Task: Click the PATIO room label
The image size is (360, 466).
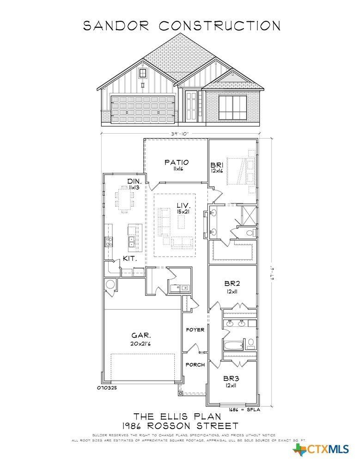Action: point(177,162)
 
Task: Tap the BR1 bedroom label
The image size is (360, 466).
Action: point(217,165)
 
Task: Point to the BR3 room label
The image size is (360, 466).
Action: point(232,378)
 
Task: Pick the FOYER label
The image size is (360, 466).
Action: point(195,330)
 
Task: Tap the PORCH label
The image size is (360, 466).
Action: point(195,365)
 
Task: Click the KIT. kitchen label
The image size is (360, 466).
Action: point(129,259)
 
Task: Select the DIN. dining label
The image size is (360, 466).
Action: point(134,181)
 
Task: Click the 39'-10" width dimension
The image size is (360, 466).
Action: point(179,133)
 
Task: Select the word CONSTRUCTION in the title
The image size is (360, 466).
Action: point(220,25)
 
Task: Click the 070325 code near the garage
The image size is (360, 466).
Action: point(107,388)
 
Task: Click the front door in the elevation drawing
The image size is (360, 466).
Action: point(190,106)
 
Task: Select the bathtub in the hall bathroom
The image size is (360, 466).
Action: point(233,344)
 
